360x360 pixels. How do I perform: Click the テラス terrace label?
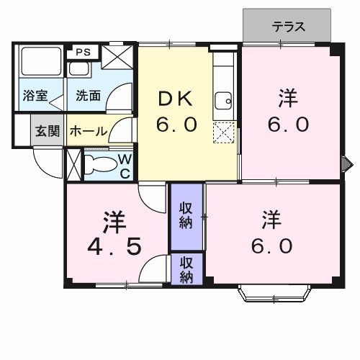[289, 27]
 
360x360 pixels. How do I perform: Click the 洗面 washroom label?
[88, 95]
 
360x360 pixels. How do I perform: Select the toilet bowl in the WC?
[100, 164]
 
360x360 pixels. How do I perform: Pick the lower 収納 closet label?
[186, 270]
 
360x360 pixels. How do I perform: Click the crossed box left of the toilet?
[73, 163]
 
